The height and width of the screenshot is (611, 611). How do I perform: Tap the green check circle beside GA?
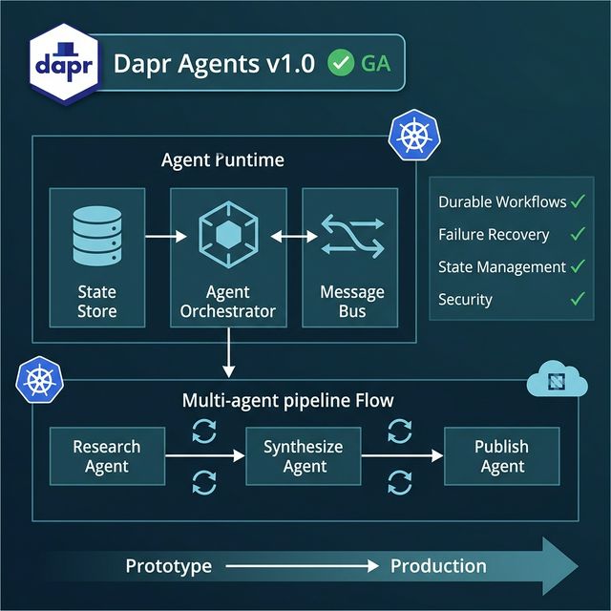tap(339, 63)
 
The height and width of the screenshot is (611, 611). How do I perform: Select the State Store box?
tap(96, 258)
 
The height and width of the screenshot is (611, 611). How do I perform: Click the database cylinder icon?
tap(96, 235)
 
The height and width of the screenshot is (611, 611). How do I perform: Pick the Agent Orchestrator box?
tap(228, 258)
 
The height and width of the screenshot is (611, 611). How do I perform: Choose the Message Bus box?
tap(352, 258)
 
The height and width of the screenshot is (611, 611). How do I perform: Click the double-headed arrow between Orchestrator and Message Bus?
tap(294, 235)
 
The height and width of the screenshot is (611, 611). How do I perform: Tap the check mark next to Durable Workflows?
tap(578, 201)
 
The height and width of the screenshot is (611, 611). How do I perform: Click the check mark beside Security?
tap(578, 299)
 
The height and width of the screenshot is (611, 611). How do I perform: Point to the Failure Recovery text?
tap(494, 234)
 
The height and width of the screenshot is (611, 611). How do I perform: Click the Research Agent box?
tap(106, 456)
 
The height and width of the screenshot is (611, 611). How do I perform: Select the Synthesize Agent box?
tap(304, 456)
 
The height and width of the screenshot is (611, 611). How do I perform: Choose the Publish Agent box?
tap(502, 456)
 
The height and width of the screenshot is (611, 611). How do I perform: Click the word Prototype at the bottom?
tap(168, 566)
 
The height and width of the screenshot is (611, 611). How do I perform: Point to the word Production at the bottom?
tap(438, 566)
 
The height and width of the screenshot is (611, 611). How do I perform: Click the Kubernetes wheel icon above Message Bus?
tap(412, 136)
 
